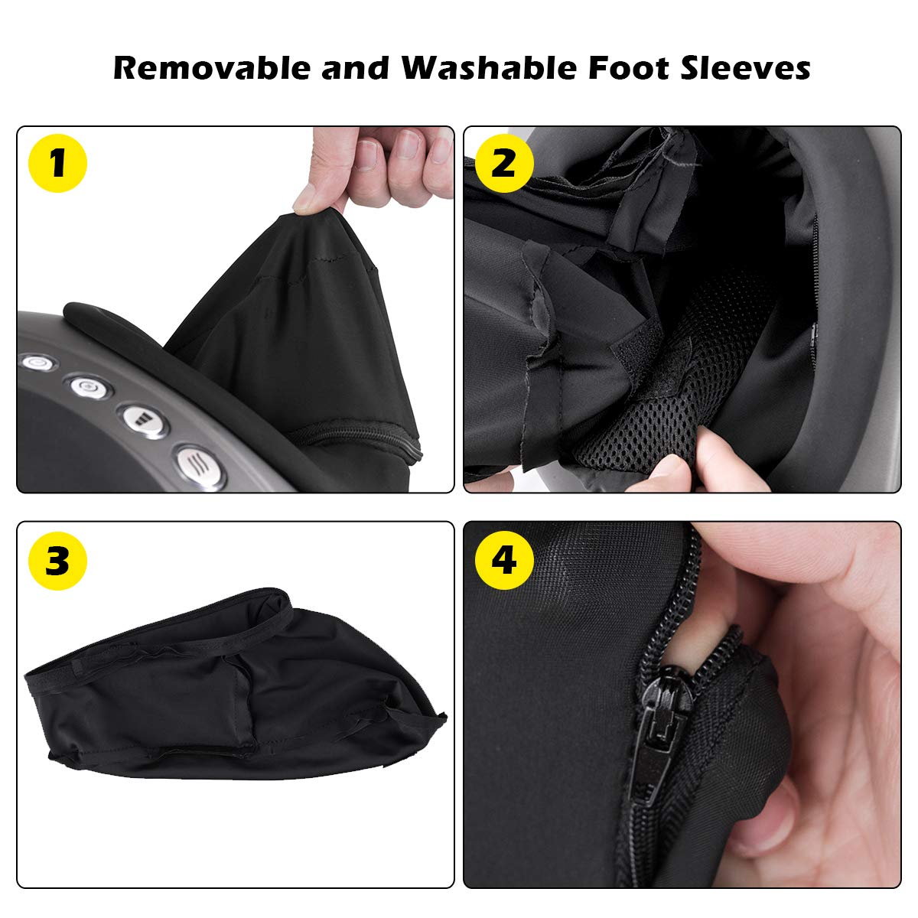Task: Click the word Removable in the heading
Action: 213,68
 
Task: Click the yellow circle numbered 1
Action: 57,163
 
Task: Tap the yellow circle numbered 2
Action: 503,163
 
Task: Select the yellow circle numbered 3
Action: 57,561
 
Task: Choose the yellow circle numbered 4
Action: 503,561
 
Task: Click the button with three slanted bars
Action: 200,464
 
